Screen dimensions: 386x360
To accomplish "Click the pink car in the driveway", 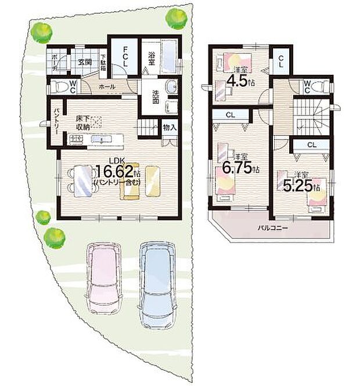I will click(x=103, y=278).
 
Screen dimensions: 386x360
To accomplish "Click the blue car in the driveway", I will click(x=156, y=278).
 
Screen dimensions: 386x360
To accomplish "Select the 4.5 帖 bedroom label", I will click(x=240, y=77).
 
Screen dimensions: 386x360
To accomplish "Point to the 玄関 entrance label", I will click(x=83, y=62).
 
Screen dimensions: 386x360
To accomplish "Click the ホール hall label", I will click(x=107, y=86).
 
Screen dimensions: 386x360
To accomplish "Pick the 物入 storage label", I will click(x=169, y=127).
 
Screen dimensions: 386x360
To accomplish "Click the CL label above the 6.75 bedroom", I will click(x=230, y=115).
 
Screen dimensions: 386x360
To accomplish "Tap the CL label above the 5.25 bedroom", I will click(x=311, y=145).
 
